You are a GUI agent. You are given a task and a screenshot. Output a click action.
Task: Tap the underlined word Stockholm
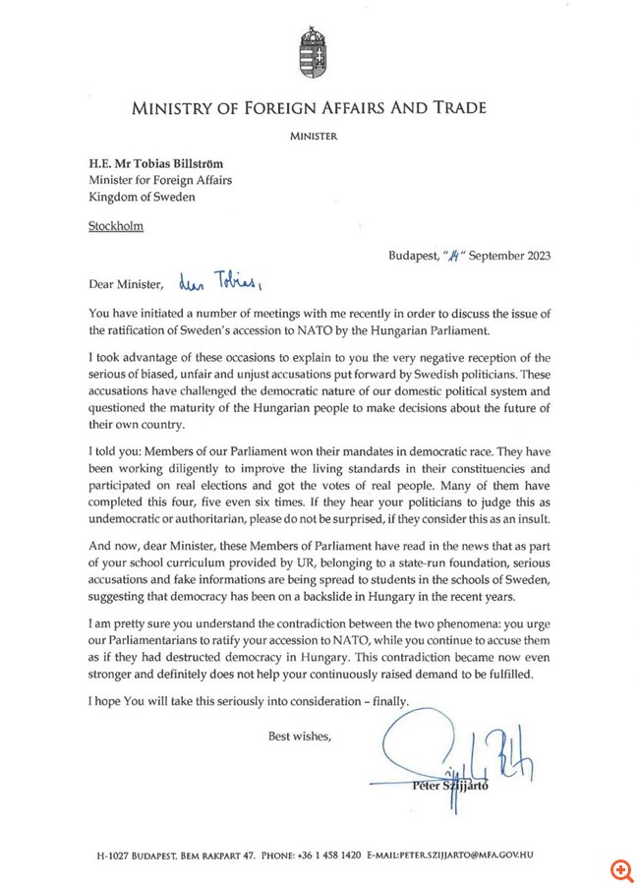[x=116, y=226]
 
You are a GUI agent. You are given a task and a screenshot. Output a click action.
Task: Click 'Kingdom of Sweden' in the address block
[x=142, y=196]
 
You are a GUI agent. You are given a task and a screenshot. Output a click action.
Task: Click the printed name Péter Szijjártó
[x=454, y=786]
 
